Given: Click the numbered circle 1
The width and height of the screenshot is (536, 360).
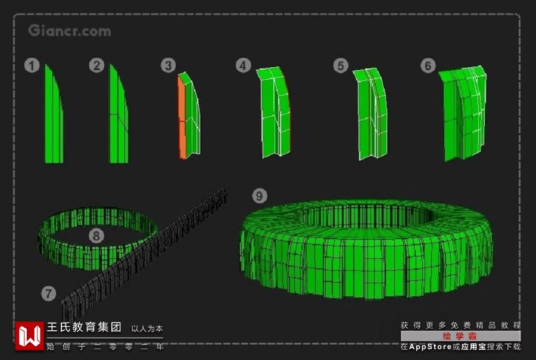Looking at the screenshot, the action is coord(32,65).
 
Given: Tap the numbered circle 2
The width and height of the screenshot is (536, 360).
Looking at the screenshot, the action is coord(96,65).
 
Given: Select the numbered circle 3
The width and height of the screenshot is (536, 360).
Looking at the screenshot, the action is coord(168,65).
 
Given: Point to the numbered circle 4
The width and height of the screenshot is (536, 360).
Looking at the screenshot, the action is coord(243,65).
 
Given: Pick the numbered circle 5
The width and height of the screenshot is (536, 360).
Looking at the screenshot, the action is coord(341,65).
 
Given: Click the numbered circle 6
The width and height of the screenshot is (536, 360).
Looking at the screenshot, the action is coord(428,65).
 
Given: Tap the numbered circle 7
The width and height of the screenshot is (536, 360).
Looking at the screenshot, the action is coord(49,293).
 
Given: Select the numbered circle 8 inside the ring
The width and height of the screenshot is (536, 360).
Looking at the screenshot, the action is coord(96,236).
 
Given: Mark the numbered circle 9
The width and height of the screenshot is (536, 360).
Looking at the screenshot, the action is coord(260,196).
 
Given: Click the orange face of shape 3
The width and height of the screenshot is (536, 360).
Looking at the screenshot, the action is coord(182,118).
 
